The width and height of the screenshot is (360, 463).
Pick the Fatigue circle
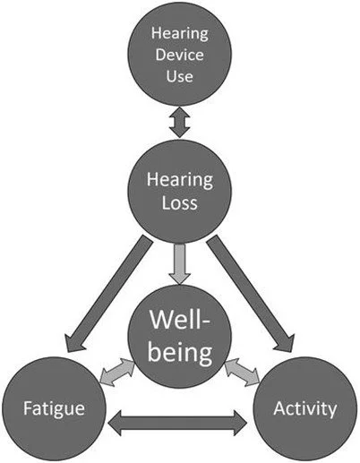[x=54, y=409]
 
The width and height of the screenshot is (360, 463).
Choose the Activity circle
[x=307, y=409]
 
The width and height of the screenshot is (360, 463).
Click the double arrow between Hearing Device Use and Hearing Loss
[x=180, y=122]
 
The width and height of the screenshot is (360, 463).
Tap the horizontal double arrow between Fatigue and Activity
[x=180, y=418]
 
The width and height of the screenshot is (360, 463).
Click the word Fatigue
[x=54, y=410]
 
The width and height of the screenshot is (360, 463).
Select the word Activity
[x=307, y=410]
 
